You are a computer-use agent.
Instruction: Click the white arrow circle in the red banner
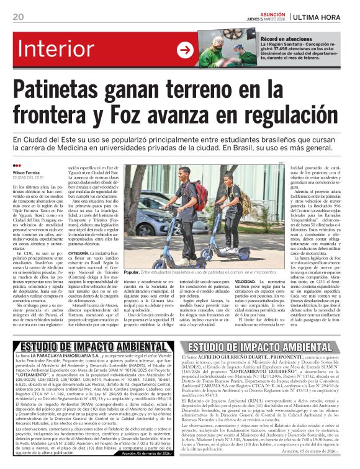coord(185,50)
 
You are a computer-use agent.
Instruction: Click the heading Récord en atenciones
coord(286,39)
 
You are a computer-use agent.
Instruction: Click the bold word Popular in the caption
coord(132,272)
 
